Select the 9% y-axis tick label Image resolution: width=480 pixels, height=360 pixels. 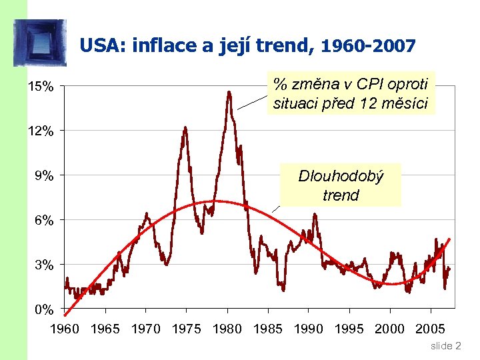pos(43,176)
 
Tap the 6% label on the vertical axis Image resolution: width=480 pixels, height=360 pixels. pos(43,221)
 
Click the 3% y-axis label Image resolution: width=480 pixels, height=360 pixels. pos(43,265)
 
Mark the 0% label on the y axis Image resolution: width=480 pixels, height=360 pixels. pos(43,310)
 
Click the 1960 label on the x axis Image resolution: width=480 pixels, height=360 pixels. pos(65,328)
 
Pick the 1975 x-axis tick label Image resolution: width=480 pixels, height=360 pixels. pos(186,328)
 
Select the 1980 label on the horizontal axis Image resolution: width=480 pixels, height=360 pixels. pos(227,328)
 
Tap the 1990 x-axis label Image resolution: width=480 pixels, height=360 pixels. pos(308,328)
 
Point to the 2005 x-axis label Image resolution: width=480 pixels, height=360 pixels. pos(430,328)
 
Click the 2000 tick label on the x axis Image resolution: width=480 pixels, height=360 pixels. pos(389,328)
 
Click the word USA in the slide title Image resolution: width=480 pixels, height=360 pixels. pos(102,46)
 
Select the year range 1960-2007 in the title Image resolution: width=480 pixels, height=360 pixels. pos(369,46)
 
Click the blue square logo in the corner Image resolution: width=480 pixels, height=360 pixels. pos(40,43)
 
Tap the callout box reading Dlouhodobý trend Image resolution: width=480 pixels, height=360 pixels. pos(341,185)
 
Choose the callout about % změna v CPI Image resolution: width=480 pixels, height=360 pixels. pos(351,94)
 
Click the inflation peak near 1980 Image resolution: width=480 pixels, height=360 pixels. pos(229,93)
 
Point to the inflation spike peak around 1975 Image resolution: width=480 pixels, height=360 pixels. pos(185,127)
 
